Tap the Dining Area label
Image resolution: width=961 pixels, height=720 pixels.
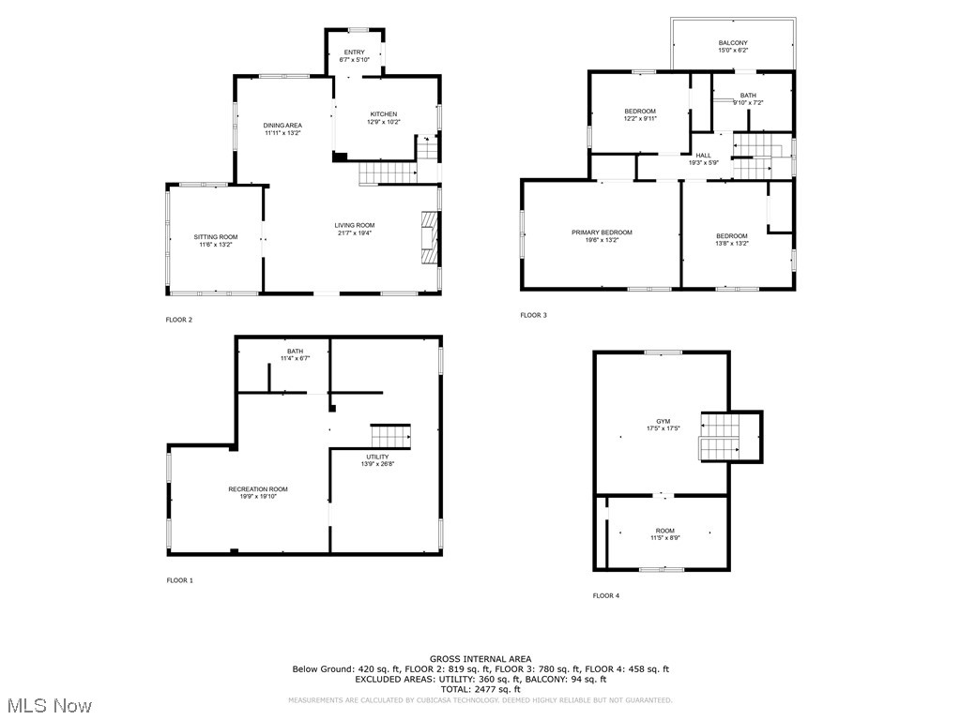(282, 126)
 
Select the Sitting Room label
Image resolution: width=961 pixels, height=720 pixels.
(216, 237)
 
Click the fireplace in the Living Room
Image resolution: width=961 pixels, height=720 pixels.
(429, 239)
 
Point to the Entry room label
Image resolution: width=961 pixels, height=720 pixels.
(354, 52)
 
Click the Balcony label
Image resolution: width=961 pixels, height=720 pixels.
(733, 43)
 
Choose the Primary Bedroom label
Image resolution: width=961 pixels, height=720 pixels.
(602, 232)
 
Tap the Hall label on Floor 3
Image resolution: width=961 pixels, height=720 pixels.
(703, 156)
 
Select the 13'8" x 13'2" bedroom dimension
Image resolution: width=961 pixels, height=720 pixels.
(731, 243)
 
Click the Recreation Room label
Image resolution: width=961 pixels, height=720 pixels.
(258, 489)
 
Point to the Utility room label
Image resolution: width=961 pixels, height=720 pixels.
(378, 457)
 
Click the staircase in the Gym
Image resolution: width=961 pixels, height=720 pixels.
(720, 437)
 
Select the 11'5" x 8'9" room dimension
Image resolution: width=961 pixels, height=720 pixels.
(664, 537)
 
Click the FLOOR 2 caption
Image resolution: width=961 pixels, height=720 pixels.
(179, 320)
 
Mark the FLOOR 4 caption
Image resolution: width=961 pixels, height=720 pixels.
(605, 595)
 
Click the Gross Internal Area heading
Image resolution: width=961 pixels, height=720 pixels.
(480, 659)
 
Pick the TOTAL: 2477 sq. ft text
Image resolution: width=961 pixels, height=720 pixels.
(480, 689)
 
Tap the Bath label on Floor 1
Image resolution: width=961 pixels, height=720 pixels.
(295, 351)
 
